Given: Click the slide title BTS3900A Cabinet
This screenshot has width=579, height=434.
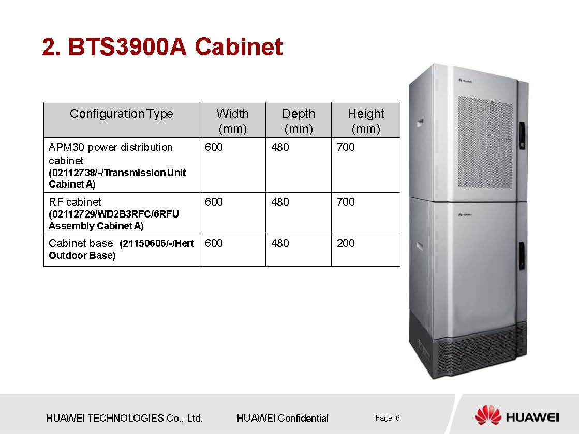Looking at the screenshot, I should tap(162, 48).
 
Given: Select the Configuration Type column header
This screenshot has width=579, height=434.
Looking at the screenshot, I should tap(122, 114).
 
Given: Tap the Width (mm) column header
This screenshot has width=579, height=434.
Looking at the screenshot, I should tap(232, 121).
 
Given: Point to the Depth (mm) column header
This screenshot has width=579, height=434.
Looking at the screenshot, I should tap(299, 121).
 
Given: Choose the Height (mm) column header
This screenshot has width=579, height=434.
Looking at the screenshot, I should tap(366, 121).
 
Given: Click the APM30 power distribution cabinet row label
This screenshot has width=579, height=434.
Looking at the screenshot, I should tap(111, 153).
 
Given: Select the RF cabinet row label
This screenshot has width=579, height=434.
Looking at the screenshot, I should tap(75, 202).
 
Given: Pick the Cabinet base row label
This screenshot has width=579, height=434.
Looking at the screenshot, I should tap(81, 243).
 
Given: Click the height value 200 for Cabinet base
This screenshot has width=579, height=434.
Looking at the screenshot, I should tap(346, 243).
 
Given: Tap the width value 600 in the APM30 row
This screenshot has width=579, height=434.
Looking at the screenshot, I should tap(214, 147).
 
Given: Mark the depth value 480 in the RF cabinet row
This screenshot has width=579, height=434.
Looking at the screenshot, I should tap(280, 202).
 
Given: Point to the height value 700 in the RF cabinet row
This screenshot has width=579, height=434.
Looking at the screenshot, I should tap(346, 202).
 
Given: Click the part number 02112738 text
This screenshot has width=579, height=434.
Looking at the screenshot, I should tap(69, 173).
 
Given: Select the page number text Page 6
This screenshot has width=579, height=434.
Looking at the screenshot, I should tap(388, 417).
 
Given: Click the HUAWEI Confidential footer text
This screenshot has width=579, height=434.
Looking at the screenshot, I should tap(282, 418).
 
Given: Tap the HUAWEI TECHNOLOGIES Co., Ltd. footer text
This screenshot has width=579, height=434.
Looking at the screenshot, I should tap(124, 418).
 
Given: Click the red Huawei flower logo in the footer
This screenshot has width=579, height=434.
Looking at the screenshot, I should tap(488, 416).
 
